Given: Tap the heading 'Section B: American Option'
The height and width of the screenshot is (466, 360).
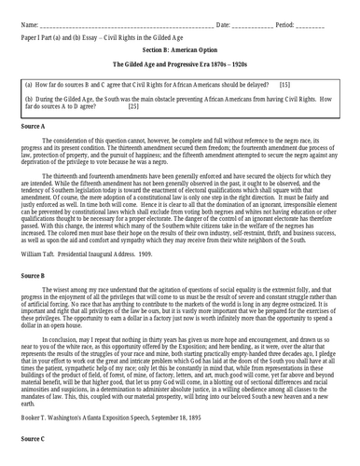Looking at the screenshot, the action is click(x=181, y=48).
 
